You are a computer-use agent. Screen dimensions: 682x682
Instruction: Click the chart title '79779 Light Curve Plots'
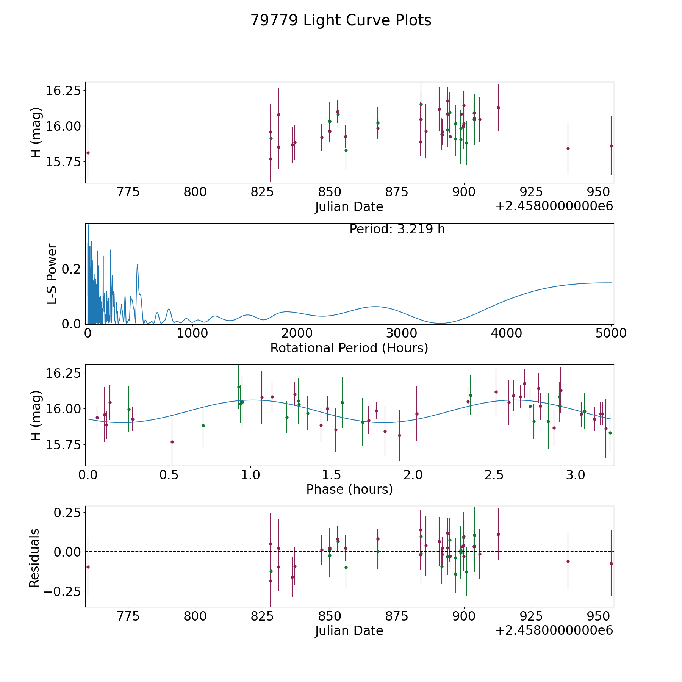pyautogui.click(x=341, y=20)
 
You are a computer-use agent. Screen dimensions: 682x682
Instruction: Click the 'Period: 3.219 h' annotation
pyautogui.click(x=397, y=229)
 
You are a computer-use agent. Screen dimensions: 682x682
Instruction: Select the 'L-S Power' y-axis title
pyautogui.click(x=52, y=274)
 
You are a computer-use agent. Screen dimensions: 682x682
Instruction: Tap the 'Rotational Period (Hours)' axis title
pyautogui.click(x=349, y=348)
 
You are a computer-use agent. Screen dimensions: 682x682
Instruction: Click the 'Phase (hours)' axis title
pyautogui.click(x=349, y=489)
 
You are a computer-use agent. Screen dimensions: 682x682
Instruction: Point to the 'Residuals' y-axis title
pyautogui.click(x=34, y=558)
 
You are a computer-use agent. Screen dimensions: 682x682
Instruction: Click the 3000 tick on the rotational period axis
pyautogui.click(x=402, y=333)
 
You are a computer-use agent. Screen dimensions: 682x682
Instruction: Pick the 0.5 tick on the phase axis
pyautogui.click(x=169, y=474)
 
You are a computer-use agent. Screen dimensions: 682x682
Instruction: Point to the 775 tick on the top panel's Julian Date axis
pyautogui.click(x=128, y=192)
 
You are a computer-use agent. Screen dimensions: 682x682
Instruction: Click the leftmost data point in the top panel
pyautogui.click(x=88, y=153)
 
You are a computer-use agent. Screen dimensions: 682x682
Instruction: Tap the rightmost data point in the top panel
pyautogui.click(x=611, y=146)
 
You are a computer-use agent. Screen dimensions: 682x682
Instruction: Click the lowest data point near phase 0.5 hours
pyautogui.click(x=172, y=442)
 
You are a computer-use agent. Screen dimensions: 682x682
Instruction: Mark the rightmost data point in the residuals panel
pyautogui.click(x=611, y=563)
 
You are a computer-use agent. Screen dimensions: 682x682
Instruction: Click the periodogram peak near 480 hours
pyautogui.click(x=138, y=265)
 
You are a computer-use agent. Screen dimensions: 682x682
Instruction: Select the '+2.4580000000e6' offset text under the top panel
pyautogui.click(x=554, y=206)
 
